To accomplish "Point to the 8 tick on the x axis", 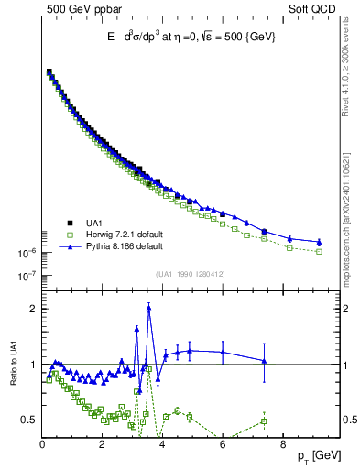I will click(x=282, y=446).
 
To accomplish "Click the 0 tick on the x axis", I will click(x=42, y=446).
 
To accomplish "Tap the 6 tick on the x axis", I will click(x=223, y=446).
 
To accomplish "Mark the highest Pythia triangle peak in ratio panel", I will click(x=149, y=308).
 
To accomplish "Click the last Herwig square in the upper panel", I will click(x=319, y=251).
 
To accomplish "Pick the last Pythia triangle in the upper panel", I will click(x=319, y=242).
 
